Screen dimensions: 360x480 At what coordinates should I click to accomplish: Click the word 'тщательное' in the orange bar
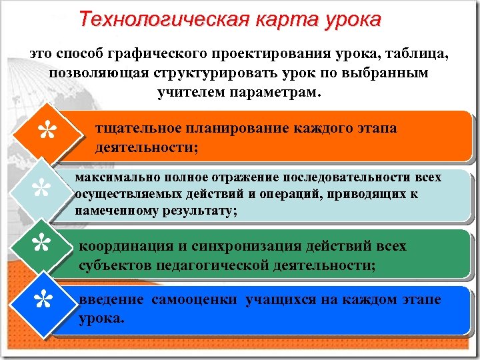pos(139,128)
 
